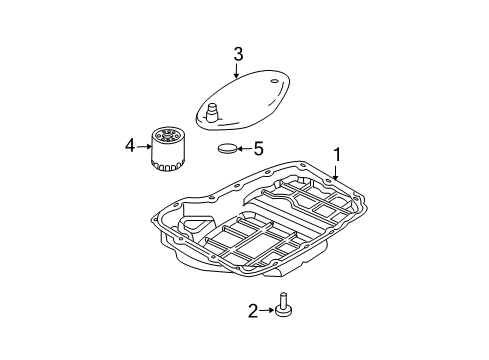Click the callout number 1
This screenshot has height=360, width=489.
click(x=338, y=155)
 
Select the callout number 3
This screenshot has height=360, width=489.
click(x=237, y=53)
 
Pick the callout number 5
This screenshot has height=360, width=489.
click(x=258, y=149)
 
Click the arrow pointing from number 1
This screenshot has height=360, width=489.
click(x=335, y=171)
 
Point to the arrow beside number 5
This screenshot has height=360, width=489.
click(x=246, y=149)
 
